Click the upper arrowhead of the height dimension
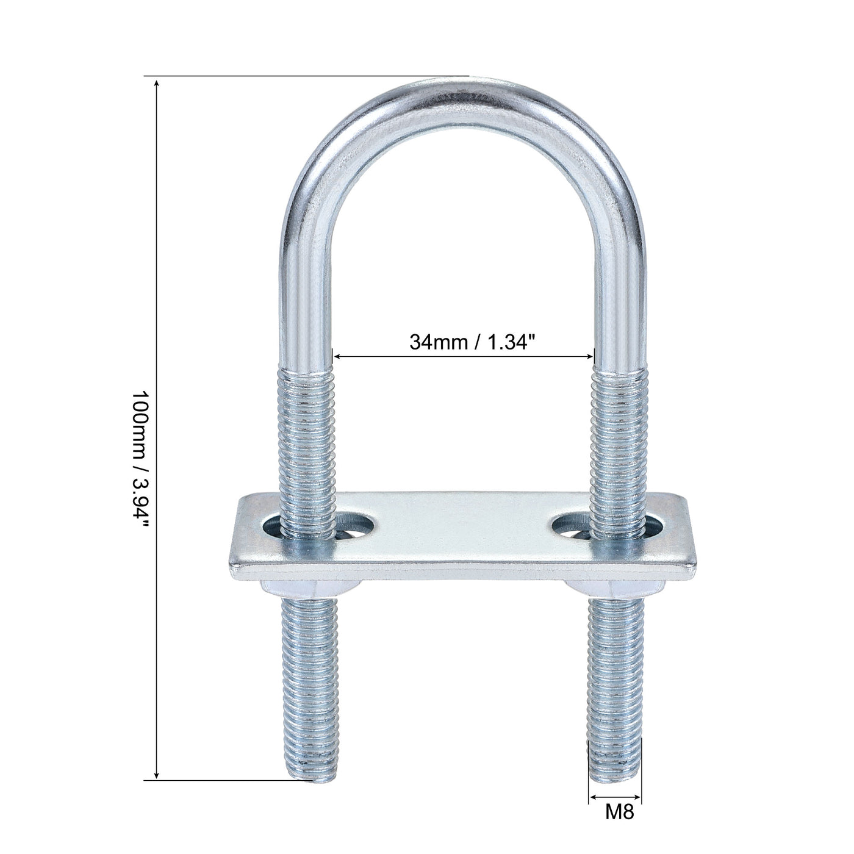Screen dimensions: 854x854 point(157,82)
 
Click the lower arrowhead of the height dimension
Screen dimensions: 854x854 point(157,774)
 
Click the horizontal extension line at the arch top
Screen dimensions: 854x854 point(305,76)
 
